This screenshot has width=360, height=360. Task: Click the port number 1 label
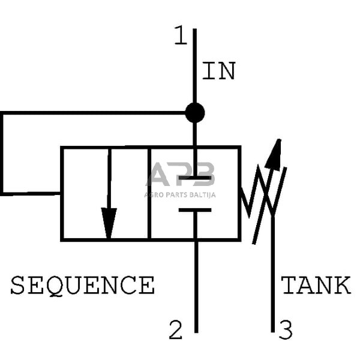[x=181, y=37]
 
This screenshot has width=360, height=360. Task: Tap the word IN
[x=218, y=71]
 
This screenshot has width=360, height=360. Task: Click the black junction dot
[x=194, y=112]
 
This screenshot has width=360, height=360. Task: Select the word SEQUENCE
[x=83, y=285]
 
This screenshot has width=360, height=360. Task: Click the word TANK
[x=316, y=285]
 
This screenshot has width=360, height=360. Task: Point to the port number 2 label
[x=175, y=330]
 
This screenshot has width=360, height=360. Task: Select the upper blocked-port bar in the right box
[x=195, y=178]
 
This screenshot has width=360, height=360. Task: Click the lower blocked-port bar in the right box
[x=195, y=209]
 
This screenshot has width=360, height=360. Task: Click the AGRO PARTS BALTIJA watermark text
[x=180, y=194]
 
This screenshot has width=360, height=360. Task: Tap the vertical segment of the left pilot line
[x=2, y=153]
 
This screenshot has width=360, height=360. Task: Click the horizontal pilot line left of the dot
[x=90, y=113]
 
